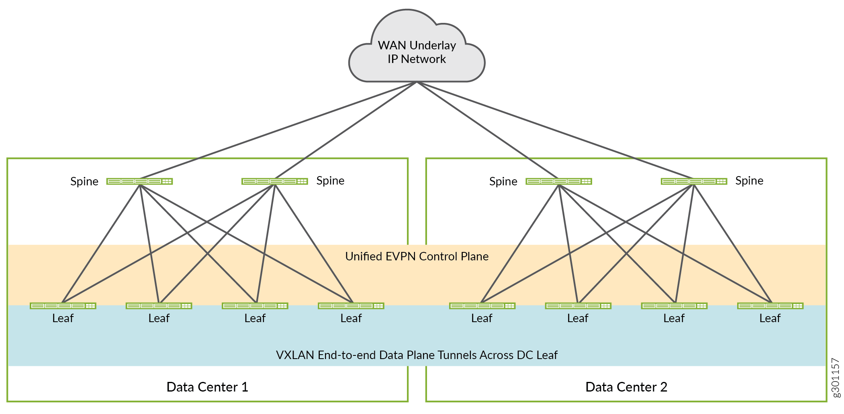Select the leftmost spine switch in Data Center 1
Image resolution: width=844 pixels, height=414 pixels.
(x=139, y=181)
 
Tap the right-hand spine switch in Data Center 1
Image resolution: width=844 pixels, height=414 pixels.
(x=275, y=181)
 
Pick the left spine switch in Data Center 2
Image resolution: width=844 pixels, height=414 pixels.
(x=558, y=181)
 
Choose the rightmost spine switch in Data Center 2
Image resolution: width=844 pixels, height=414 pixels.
(x=694, y=181)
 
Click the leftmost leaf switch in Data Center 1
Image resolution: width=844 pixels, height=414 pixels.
(x=63, y=306)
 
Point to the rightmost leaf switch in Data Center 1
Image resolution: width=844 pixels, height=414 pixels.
(x=351, y=306)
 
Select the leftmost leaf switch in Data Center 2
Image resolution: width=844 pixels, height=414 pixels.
(x=482, y=306)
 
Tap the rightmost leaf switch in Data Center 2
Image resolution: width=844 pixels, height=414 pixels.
(x=770, y=306)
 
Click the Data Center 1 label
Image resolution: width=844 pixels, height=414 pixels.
(x=207, y=387)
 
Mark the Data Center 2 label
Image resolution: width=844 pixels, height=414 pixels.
(x=626, y=387)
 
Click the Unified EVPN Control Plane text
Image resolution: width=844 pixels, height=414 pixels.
(x=417, y=256)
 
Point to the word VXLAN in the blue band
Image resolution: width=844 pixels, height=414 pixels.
(x=295, y=355)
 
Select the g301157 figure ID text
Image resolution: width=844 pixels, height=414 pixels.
(x=835, y=377)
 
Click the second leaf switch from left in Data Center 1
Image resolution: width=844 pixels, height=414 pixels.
(x=159, y=306)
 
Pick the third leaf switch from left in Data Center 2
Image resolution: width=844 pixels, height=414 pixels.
(x=674, y=306)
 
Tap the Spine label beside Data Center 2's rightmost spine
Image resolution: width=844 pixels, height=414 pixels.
(x=749, y=181)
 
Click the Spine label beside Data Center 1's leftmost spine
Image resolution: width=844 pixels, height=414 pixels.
(x=84, y=181)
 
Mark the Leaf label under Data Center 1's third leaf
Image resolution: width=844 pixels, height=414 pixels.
(x=255, y=318)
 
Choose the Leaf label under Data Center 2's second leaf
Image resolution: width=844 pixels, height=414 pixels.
(x=578, y=318)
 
